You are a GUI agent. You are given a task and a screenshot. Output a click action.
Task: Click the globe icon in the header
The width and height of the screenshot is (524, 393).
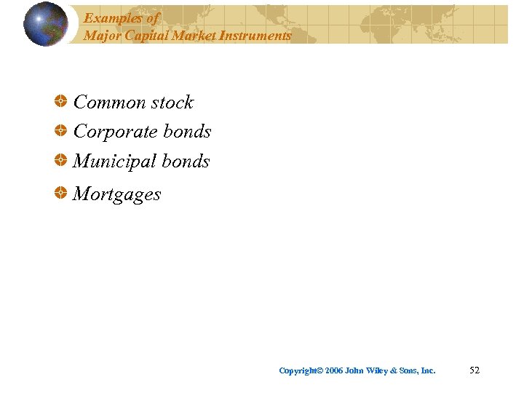click(45, 24)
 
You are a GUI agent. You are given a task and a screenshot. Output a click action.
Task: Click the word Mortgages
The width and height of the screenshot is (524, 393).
click(117, 195)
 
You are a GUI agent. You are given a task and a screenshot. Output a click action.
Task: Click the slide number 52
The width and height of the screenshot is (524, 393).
click(475, 370)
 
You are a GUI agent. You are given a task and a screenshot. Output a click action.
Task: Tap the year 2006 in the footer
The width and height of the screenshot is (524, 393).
click(334, 371)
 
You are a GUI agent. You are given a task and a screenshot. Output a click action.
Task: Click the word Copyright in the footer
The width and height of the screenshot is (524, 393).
click(298, 371)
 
